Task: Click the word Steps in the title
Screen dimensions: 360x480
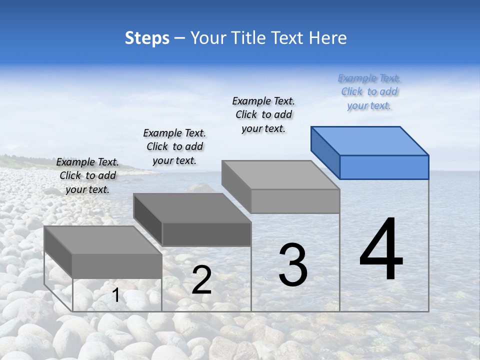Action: point(147,38)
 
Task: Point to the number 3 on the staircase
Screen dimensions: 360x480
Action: point(293,265)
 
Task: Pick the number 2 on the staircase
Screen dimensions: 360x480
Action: point(202,280)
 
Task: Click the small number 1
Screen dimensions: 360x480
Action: point(116,295)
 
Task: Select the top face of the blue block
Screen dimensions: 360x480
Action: point(370,141)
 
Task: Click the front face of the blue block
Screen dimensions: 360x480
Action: point(384,167)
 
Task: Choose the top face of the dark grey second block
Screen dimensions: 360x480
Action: point(192,208)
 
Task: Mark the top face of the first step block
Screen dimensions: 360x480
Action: point(103,240)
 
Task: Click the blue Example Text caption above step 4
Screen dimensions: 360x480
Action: point(369,92)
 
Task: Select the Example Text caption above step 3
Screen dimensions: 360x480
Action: point(263,114)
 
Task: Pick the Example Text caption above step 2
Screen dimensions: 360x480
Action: point(174,146)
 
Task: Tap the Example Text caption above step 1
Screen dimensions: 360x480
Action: point(87,175)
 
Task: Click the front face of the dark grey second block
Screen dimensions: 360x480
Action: point(206,234)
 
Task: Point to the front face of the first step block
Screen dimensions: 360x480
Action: point(117,266)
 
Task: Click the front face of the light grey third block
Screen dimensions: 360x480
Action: point(295,201)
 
